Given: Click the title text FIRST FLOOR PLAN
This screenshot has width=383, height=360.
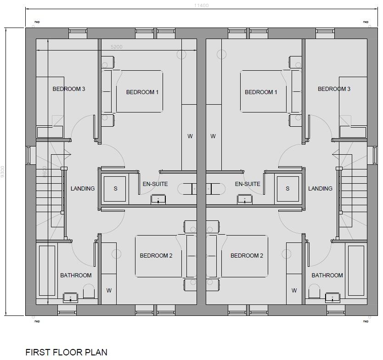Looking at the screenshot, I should point(66,352).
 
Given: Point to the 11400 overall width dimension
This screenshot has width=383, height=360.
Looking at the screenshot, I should point(201,6).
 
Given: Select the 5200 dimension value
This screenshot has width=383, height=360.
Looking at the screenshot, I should point(117,47).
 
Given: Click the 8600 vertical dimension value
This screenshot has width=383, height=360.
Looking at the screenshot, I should point(45,173).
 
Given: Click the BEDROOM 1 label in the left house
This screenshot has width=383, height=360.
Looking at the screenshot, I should point(142,92).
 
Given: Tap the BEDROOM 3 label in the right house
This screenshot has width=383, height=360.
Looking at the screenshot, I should point(334,89).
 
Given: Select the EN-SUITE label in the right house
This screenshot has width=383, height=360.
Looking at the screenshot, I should point(248,184).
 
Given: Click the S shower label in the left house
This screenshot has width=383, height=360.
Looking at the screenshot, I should point(115,189).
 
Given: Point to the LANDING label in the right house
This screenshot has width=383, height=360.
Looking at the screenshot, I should point(320,189).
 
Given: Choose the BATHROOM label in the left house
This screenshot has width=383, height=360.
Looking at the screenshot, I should point(76,276).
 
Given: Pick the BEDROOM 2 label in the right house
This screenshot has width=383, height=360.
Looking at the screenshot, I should point(247,256).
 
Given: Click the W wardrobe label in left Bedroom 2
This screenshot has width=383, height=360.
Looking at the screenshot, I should point(109,290).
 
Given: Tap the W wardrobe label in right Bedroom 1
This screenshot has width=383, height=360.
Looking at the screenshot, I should point(213,136).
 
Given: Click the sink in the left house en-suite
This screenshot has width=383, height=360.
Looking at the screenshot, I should point(158,200).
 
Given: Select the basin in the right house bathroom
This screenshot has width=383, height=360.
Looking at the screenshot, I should point(332,298).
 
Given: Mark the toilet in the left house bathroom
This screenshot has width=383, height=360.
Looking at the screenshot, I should point(88,292).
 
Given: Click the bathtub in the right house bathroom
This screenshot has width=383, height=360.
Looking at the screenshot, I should point(355,271).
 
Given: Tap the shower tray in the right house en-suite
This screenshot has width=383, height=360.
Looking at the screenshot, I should point(287,189).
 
